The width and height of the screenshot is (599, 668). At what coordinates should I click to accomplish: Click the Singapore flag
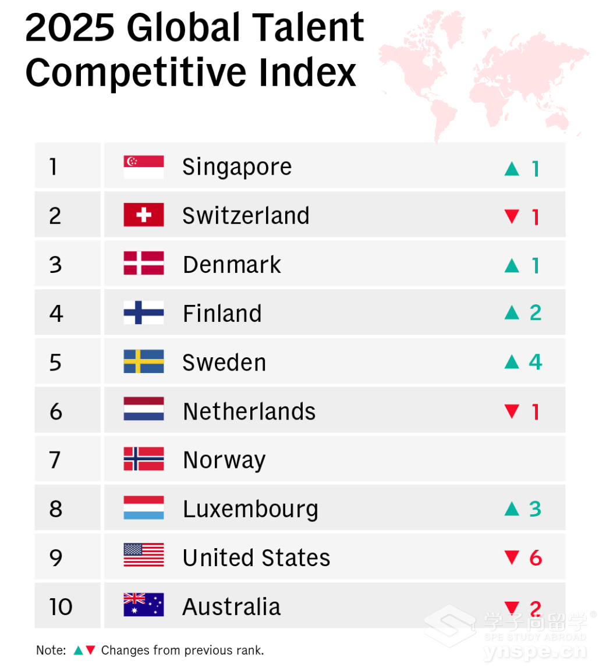(143, 167)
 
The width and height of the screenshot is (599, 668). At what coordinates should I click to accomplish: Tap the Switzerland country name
(246, 216)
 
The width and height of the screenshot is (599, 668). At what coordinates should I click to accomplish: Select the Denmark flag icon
(143, 264)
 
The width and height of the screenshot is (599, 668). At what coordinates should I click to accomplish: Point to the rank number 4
(56, 314)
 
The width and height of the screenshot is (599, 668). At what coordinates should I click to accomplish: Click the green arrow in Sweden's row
(512, 362)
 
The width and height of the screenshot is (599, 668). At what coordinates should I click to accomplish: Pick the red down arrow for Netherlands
(512, 411)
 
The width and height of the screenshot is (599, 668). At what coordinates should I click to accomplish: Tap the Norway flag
(143, 459)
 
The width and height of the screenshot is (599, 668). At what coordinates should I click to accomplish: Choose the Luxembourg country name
(250, 510)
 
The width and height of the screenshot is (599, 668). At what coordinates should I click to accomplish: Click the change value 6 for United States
(536, 558)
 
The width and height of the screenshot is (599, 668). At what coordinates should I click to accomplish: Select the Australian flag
(143, 605)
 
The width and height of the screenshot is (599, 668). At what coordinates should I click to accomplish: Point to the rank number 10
(61, 607)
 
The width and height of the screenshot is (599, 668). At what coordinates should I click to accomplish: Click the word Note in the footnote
(51, 651)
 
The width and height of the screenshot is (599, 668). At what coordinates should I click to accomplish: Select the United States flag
(143, 555)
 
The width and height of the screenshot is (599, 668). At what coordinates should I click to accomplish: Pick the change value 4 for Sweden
(536, 362)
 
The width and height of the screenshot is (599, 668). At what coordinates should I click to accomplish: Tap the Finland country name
(222, 314)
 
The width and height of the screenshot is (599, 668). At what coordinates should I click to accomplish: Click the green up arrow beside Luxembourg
(512, 509)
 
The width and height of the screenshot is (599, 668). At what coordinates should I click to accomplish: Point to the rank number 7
(55, 460)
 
